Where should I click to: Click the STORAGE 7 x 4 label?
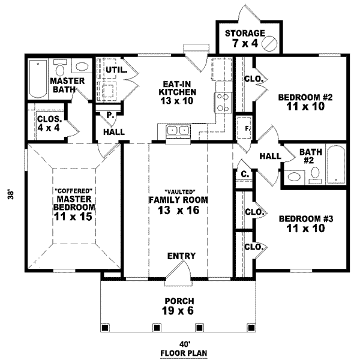[244, 38]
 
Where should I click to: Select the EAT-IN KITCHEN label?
[177, 92]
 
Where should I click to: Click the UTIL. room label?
[116, 70]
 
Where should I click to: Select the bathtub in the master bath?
[37, 79]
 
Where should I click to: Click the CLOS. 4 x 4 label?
[48, 122]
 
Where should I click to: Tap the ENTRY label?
[181, 256]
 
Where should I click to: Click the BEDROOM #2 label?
[302, 102]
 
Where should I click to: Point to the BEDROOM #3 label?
[302, 224]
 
